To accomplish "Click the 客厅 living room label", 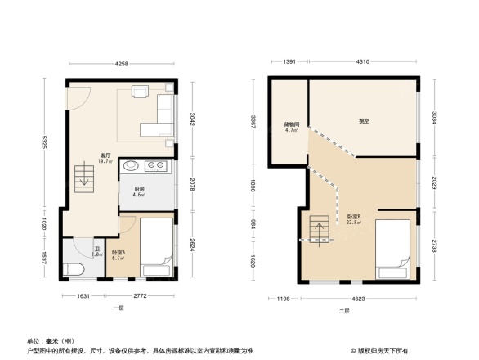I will (x=105, y=155).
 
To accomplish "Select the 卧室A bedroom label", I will (x=119, y=253).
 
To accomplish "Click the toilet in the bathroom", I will (x=74, y=268).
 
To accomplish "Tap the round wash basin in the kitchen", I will (x=132, y=167).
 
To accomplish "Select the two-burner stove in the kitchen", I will (x=155, y=167).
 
